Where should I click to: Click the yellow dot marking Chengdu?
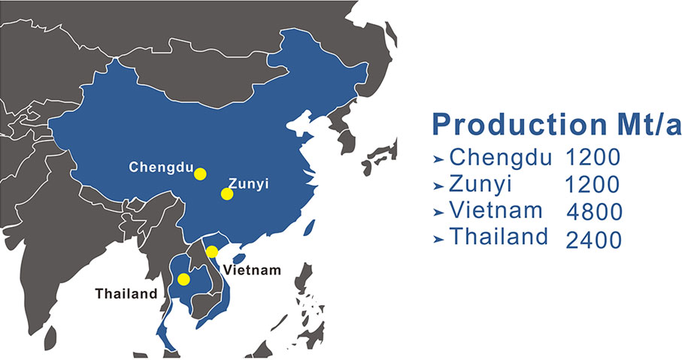(x=200, y=174)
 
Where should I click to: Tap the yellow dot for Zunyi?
(x=226, y=194)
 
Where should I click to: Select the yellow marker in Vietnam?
(x=213, y=251)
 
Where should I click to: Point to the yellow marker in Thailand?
(x=183, y=280)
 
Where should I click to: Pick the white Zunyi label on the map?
(x=249, y=183)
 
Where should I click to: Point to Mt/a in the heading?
(x=644, y=124)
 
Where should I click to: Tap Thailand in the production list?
(x=499, y=237)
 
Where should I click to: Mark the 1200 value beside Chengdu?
(x=593, y=158)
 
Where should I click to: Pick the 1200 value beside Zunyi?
(x=593, y=184)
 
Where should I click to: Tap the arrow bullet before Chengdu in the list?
(x=438, y=159)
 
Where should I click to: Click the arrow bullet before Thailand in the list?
(x=438, y=239)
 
